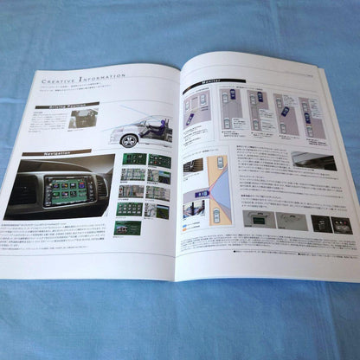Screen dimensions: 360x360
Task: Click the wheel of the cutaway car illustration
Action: tap(122, 137)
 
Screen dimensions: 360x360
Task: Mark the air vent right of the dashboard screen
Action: tap(101, 183)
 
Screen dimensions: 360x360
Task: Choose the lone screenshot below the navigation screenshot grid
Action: tap(127, 227)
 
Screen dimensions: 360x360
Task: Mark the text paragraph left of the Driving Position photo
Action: tap(43, 126)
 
